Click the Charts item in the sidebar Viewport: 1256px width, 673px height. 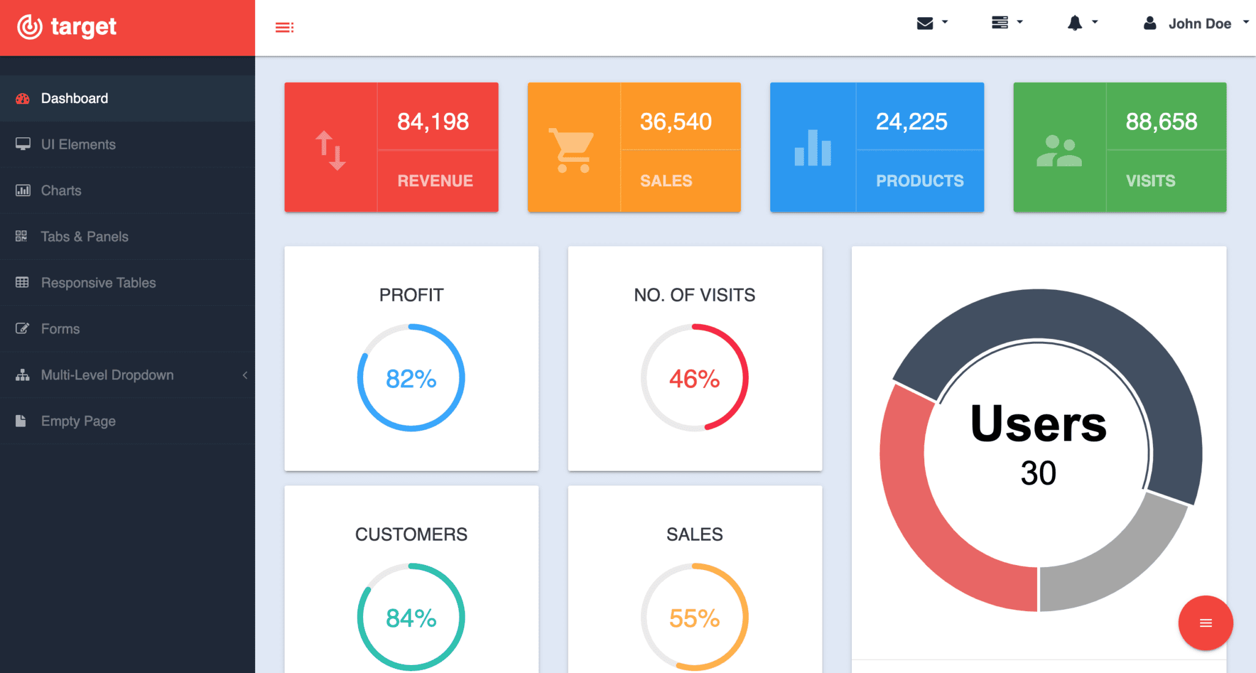(x=61, y=191)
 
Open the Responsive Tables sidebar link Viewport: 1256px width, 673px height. (x=98, y=283)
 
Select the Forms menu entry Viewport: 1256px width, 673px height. (x=60, y=329)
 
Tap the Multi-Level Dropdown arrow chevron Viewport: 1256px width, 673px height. (x=245, y=375)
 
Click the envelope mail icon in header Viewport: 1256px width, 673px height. (x=925, y=23)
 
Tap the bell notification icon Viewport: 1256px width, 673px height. (x=1074, y=23)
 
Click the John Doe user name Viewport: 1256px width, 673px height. (x=1199, y=24)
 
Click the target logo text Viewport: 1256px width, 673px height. (x=83, y=26)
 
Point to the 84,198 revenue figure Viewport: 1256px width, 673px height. (x=433, y=121)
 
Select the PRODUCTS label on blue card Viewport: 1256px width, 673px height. (x=919, y=181)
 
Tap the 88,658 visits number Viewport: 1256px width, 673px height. (x=1161, y=121)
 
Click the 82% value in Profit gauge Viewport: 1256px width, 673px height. (x=411, y=379)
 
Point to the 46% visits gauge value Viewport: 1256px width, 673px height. (x=694, y=379)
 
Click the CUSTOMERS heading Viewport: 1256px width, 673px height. (x=411, y=534)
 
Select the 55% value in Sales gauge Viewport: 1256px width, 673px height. (x=694, y=618)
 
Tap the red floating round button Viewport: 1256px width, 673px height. (x=1205, y=623)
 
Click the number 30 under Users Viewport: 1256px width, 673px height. (x=1038, y=473)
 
